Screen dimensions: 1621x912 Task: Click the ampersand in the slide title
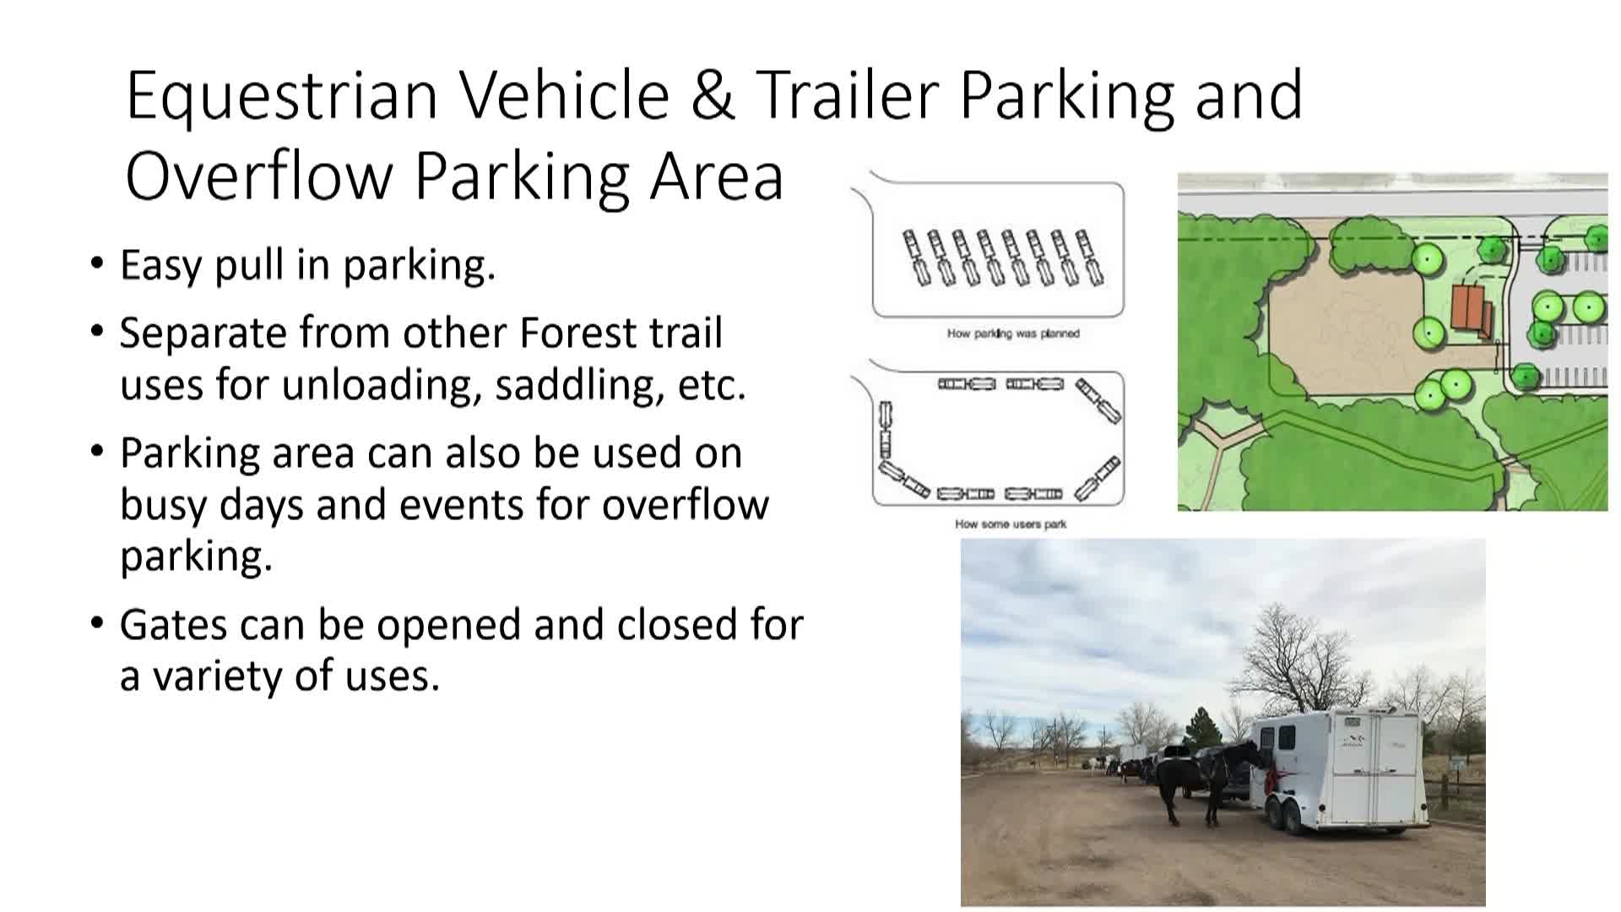pos(713,95)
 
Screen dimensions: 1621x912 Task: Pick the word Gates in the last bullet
pos(174,626)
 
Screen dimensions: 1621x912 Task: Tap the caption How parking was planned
pos(1013,334)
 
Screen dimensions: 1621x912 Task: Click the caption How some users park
pos(1011,524)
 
